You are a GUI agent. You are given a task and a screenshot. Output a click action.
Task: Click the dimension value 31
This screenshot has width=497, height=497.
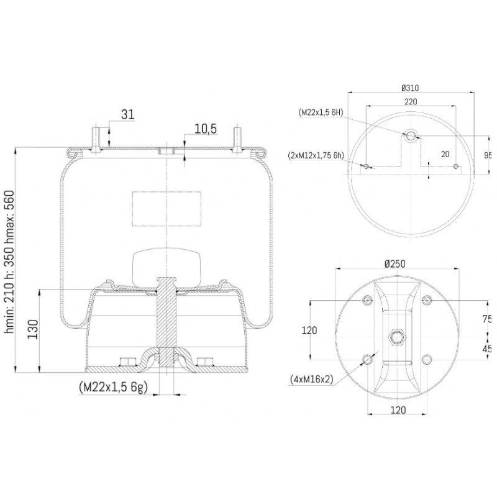coord(128,114)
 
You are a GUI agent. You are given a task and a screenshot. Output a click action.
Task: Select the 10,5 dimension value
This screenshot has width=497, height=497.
coord(206,129)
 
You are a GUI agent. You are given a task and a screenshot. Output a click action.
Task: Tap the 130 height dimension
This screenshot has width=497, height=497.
coord(33,329)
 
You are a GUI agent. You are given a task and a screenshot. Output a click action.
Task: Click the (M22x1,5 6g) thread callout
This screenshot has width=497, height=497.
coord(113,387)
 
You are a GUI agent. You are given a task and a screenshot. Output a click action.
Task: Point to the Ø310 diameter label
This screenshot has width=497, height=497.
coord(410,88)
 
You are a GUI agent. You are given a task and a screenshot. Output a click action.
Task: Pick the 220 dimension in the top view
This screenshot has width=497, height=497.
coord(411,101)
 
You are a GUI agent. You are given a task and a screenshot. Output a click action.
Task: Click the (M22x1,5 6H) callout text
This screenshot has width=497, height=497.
coord(321,112)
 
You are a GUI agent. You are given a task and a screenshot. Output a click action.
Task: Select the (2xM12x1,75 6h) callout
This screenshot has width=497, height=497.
coord(316,155)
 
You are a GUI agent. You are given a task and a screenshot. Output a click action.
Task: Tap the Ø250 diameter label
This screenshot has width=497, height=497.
coord(395,263)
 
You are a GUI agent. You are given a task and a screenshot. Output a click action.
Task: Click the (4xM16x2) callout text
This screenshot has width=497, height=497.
coord(312,379)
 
